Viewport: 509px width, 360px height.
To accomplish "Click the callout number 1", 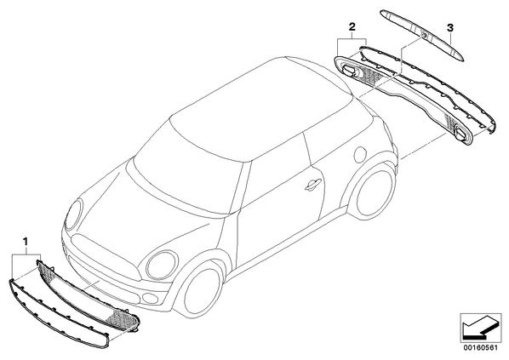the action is [26, 241].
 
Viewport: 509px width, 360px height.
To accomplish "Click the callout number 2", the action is [352, 26].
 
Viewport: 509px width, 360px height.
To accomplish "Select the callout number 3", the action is [450, 28].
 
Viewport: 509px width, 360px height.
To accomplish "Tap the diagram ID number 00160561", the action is [480, 348].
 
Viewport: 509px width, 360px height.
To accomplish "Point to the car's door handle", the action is [313, 186].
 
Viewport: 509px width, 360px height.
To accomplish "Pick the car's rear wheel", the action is [374, 191].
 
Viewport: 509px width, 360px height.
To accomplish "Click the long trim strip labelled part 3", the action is [423, 35].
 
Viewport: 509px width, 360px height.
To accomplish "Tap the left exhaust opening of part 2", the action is [349, 70].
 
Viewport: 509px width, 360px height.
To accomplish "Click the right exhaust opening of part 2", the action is [461, 134].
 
